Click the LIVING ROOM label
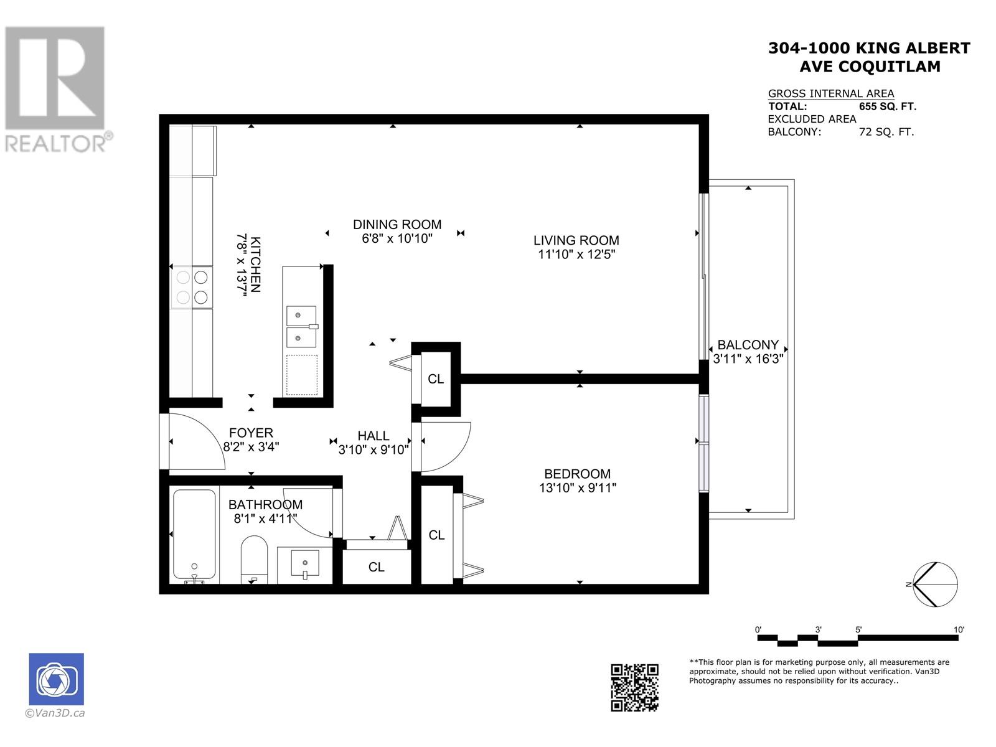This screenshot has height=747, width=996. [x=576, y=240]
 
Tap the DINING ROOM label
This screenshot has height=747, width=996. [x=397, y=225]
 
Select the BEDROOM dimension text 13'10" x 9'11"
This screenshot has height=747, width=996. [x=577, y=488]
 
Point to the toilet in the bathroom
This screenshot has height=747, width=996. [x=253, y=560]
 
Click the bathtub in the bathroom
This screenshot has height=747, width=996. [x=194, y=536]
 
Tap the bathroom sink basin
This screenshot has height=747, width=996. [x=305, y=564]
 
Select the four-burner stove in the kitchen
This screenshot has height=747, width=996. [x=192, y=288]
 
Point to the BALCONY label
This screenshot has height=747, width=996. [x=748, y=345]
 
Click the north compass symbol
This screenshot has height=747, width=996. [x=935, y=585]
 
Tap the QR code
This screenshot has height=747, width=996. [x=634, y=688]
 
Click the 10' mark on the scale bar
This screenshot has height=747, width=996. [x=958, y=629]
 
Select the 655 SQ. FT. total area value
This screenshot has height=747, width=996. [x=888, y=106]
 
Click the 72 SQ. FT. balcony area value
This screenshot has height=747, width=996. [x=886, y=132]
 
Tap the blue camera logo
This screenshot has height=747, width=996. [x=56, y=679]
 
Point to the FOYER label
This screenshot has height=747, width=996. [x=251, y=433]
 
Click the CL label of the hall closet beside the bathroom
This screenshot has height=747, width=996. [x=376, y=567]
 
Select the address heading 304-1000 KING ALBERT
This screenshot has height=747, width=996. [x=869, y=48]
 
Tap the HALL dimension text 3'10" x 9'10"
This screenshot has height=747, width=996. [x=374, y=449]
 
